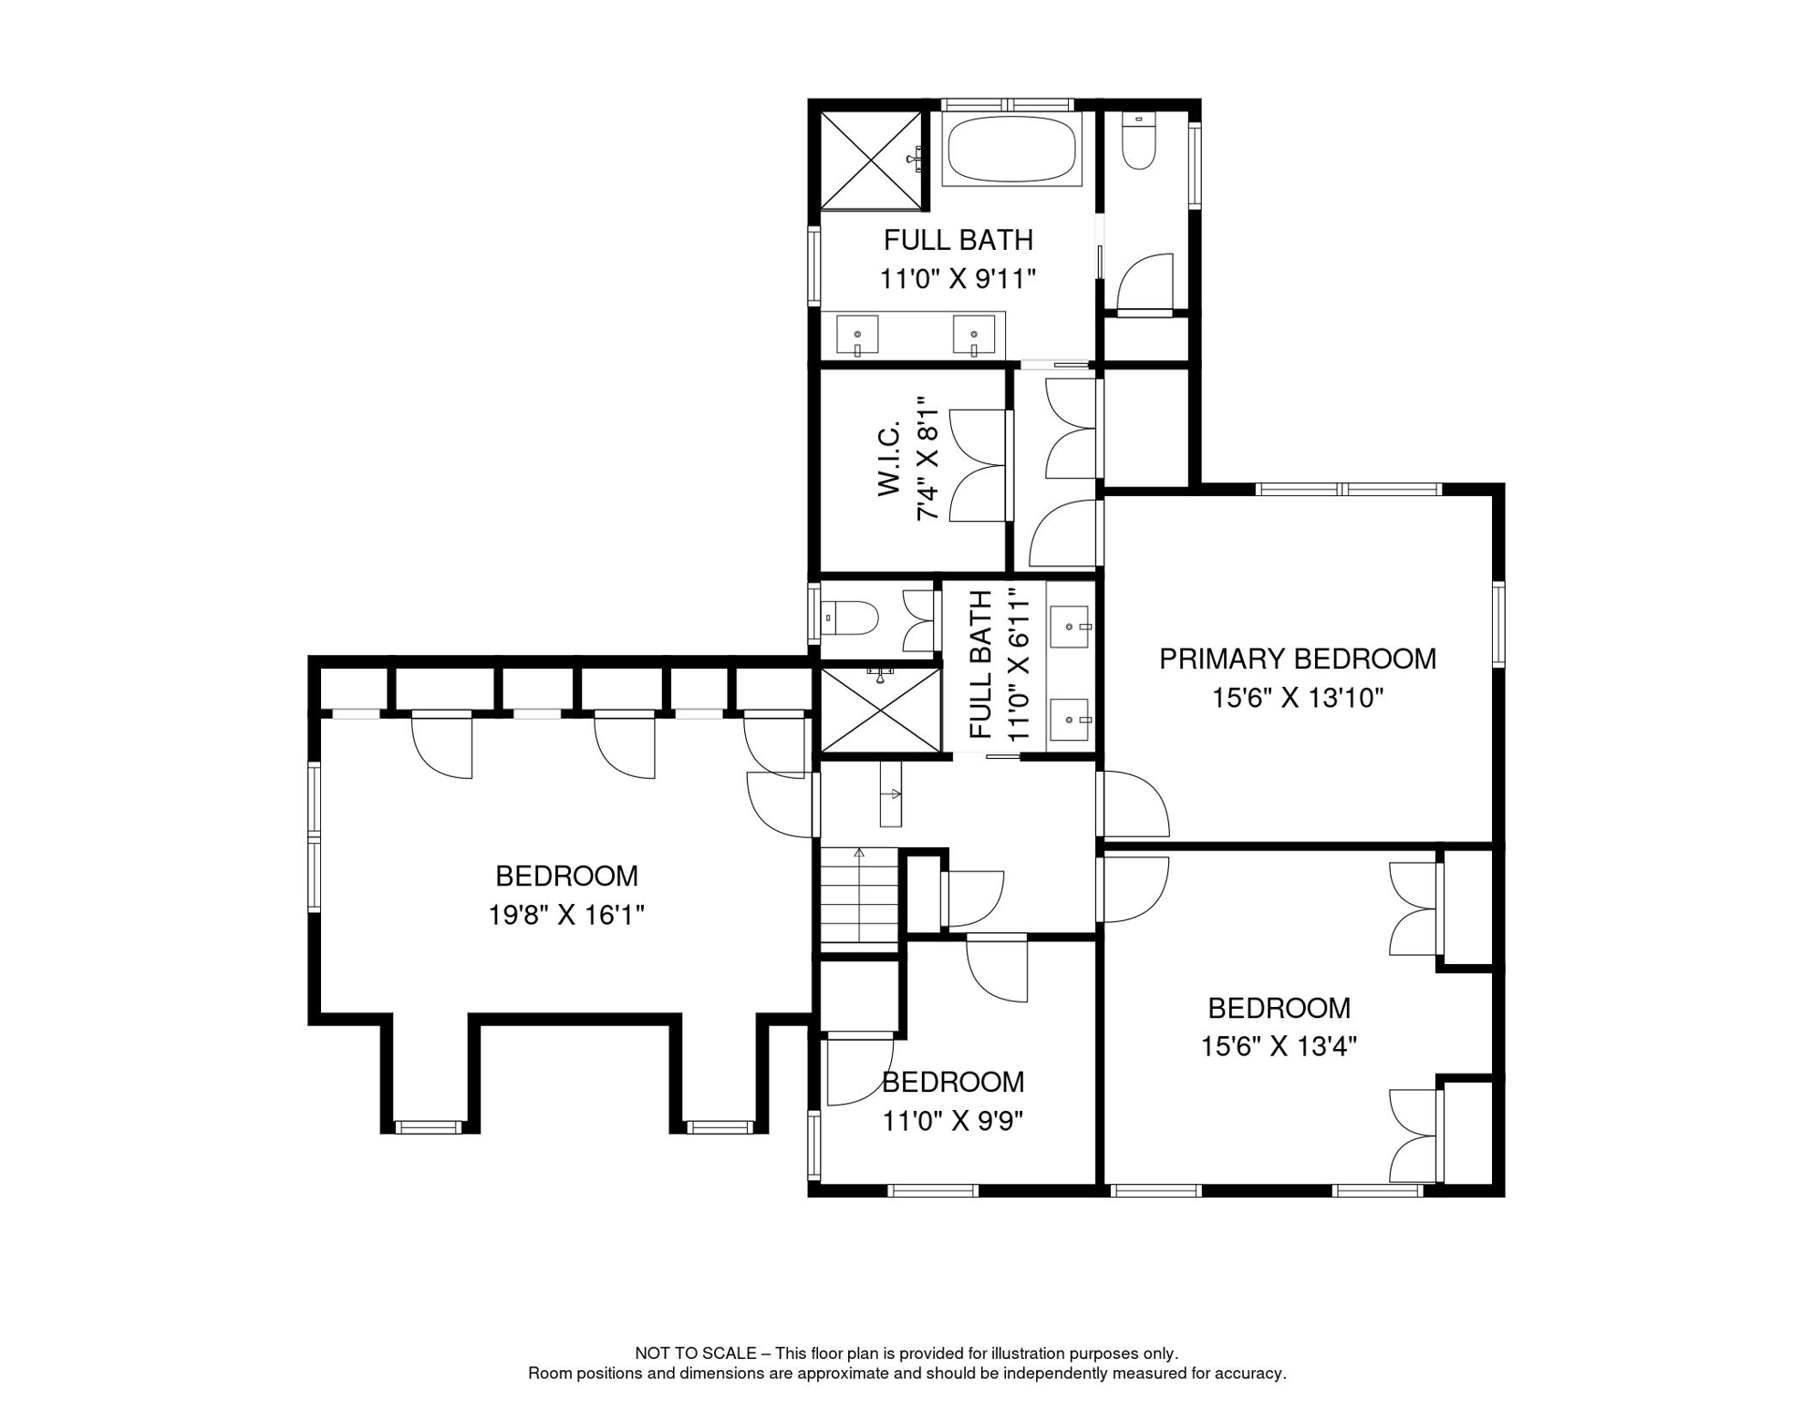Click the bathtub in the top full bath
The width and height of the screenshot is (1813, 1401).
(x=1010, y=150)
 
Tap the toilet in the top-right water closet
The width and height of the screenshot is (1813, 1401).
(x=1138, y=141)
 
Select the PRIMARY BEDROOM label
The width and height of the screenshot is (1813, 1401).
(x=1297, y=659)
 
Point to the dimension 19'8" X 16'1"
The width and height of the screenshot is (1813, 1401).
(x=566, y=915)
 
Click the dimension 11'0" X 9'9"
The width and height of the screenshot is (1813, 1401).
(x=952, y=1121)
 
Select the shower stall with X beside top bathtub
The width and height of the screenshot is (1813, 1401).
(x=871, y=161)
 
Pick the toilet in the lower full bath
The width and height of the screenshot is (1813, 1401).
(x=850, y=618)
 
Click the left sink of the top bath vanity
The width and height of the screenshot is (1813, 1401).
(x=857, y=335)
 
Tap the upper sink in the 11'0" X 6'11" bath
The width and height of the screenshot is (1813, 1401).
(x=1069, y=628)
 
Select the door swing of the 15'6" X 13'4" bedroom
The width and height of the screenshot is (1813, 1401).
(x=1135, y=889)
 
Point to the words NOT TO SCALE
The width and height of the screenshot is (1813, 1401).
(x=697, y=1354)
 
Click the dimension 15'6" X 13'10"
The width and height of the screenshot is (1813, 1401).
(x=1297, y=699)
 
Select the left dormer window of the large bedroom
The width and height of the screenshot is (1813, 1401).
(x=429, y=1127)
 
